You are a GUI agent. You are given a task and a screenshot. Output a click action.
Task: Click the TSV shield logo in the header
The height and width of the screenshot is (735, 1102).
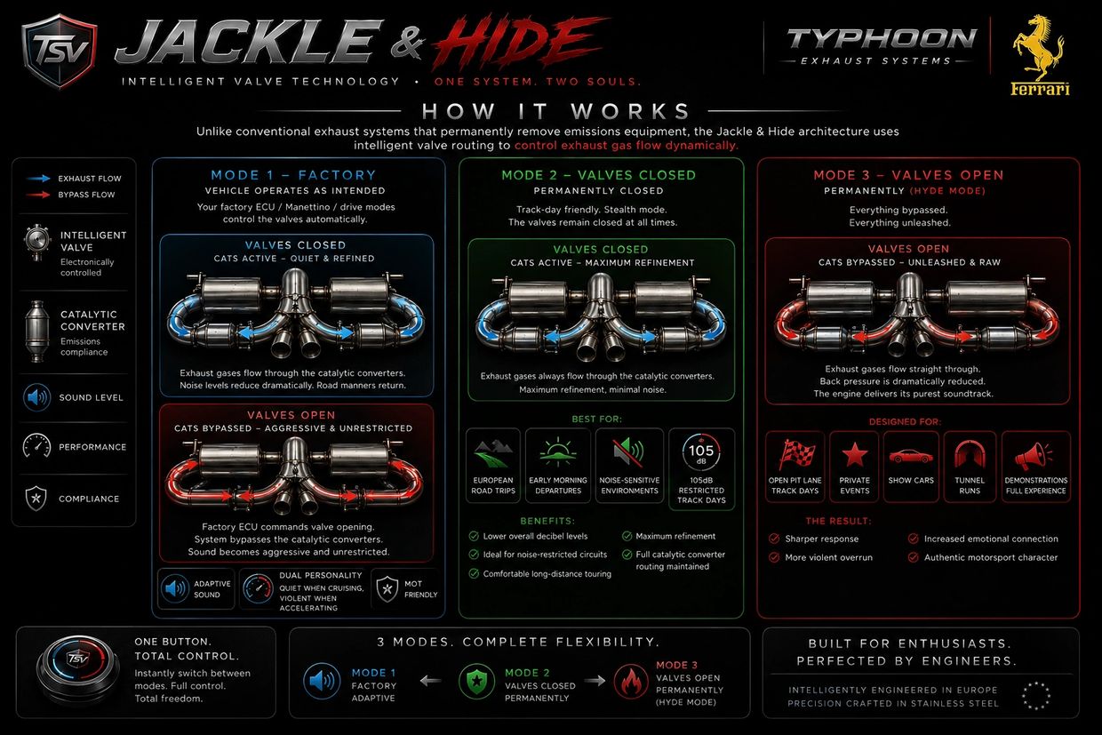tap(59, 51)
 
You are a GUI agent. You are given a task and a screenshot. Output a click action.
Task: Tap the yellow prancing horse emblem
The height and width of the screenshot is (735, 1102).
tap(1039, 48)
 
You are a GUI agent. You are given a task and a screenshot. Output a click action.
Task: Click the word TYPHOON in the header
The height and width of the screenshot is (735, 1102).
tap(882, 38)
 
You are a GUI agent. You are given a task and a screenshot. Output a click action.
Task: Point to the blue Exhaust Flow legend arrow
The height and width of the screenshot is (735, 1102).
tap(39, 179)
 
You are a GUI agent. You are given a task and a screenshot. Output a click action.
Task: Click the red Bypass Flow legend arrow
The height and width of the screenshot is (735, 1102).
tap(39, 195)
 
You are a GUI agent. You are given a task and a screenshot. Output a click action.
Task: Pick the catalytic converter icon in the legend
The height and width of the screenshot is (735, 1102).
tap(37, 332)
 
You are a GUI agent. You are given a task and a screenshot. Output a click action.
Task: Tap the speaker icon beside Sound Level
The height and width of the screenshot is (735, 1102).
tap(37, 397)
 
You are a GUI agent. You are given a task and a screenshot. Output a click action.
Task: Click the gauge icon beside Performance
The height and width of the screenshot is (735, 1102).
tap(37, 446)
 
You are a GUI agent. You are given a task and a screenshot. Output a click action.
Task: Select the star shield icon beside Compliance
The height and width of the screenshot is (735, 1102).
tap(36, 499)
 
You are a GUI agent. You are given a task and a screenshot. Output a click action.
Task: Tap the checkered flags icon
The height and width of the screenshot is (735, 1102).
tap(796, 453)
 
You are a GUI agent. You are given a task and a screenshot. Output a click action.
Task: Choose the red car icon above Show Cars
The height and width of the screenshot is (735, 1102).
tap(911, 457)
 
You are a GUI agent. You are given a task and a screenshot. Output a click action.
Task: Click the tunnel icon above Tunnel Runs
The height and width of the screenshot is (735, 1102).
tap(970, 453)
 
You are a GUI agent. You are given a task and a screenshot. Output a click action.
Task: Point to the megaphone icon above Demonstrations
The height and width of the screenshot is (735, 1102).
tap(1034, 455)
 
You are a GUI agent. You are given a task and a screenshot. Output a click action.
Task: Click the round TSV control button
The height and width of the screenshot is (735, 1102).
tap(77, 669)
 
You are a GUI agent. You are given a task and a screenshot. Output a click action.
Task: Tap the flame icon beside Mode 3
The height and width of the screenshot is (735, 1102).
tap(631, 682)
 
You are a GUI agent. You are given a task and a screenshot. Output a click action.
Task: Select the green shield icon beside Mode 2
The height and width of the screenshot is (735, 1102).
tap(476, 682)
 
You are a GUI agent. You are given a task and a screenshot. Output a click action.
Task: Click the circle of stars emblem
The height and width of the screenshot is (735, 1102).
tap(1036, 695)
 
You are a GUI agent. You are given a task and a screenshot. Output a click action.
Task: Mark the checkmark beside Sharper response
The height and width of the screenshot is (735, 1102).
tap(774, 539)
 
